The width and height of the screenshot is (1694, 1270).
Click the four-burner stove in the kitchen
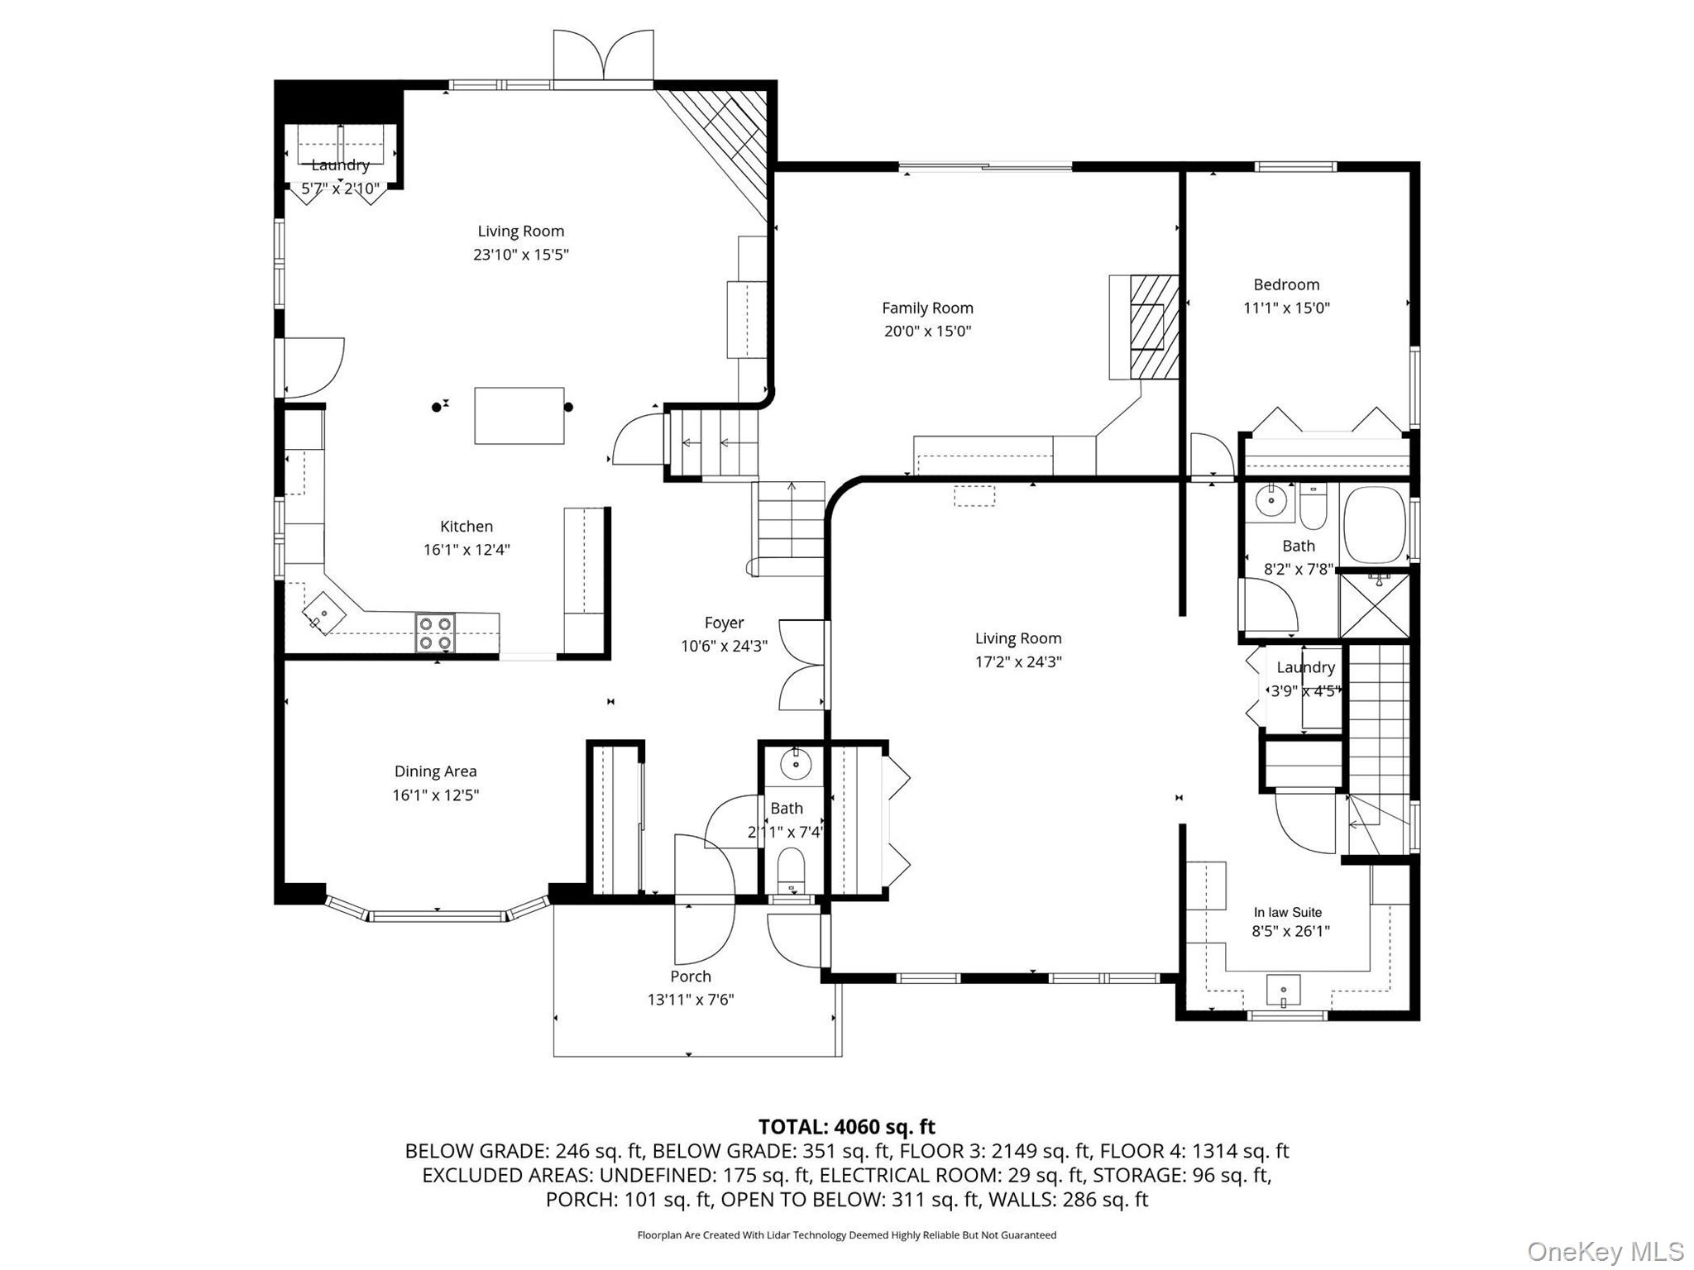[x=435, y=633]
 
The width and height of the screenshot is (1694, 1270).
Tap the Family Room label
[x=927, y=308]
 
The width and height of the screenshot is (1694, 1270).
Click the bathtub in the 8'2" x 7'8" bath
[x=1375, y=524]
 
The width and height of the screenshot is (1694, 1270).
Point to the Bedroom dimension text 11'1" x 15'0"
[x=1286, y=308]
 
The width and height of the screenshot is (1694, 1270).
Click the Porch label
[x=691, y=976]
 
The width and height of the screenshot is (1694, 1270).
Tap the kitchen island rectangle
[x=519, y=415]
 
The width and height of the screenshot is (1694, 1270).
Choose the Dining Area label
[x=435, y=771]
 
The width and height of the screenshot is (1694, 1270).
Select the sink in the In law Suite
[x=1283, y=991]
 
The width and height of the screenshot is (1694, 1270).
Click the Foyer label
[x=724, y=623]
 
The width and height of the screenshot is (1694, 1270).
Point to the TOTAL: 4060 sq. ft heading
[x=847, y=1127]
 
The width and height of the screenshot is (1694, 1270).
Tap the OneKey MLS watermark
[x=1605, y=1252]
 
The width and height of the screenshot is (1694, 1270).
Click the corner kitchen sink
[x=323, y=613]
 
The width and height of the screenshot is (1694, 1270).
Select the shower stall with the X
[x=1374, y=605]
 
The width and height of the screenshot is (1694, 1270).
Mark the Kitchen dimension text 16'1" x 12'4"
[x=467, y=550]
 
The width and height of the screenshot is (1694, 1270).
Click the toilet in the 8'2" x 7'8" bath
[x=1314, y=506]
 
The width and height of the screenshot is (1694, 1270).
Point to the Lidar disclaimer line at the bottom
[x=847, y=1235]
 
